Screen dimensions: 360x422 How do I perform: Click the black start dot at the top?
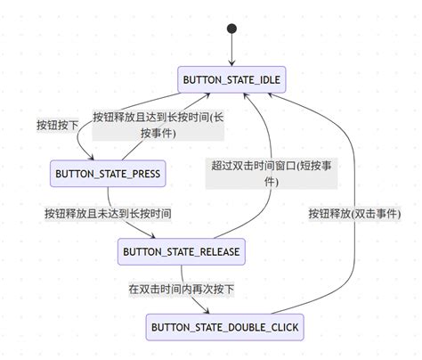232,28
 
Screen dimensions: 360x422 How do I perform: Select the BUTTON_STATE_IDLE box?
231,79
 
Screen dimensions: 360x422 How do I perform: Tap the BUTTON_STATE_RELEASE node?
181,252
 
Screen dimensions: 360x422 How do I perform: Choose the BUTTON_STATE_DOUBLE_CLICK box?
224,328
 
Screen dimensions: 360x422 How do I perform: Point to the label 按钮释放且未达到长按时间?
109,214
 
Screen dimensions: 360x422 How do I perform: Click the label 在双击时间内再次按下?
181,290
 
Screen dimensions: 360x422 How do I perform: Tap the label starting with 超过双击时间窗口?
272,173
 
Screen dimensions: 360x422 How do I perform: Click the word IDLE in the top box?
268,79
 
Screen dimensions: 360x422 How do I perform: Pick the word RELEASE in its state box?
214,252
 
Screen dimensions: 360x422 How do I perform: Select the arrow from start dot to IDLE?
232,49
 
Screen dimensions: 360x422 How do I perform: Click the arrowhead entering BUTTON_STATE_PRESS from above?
81,155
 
